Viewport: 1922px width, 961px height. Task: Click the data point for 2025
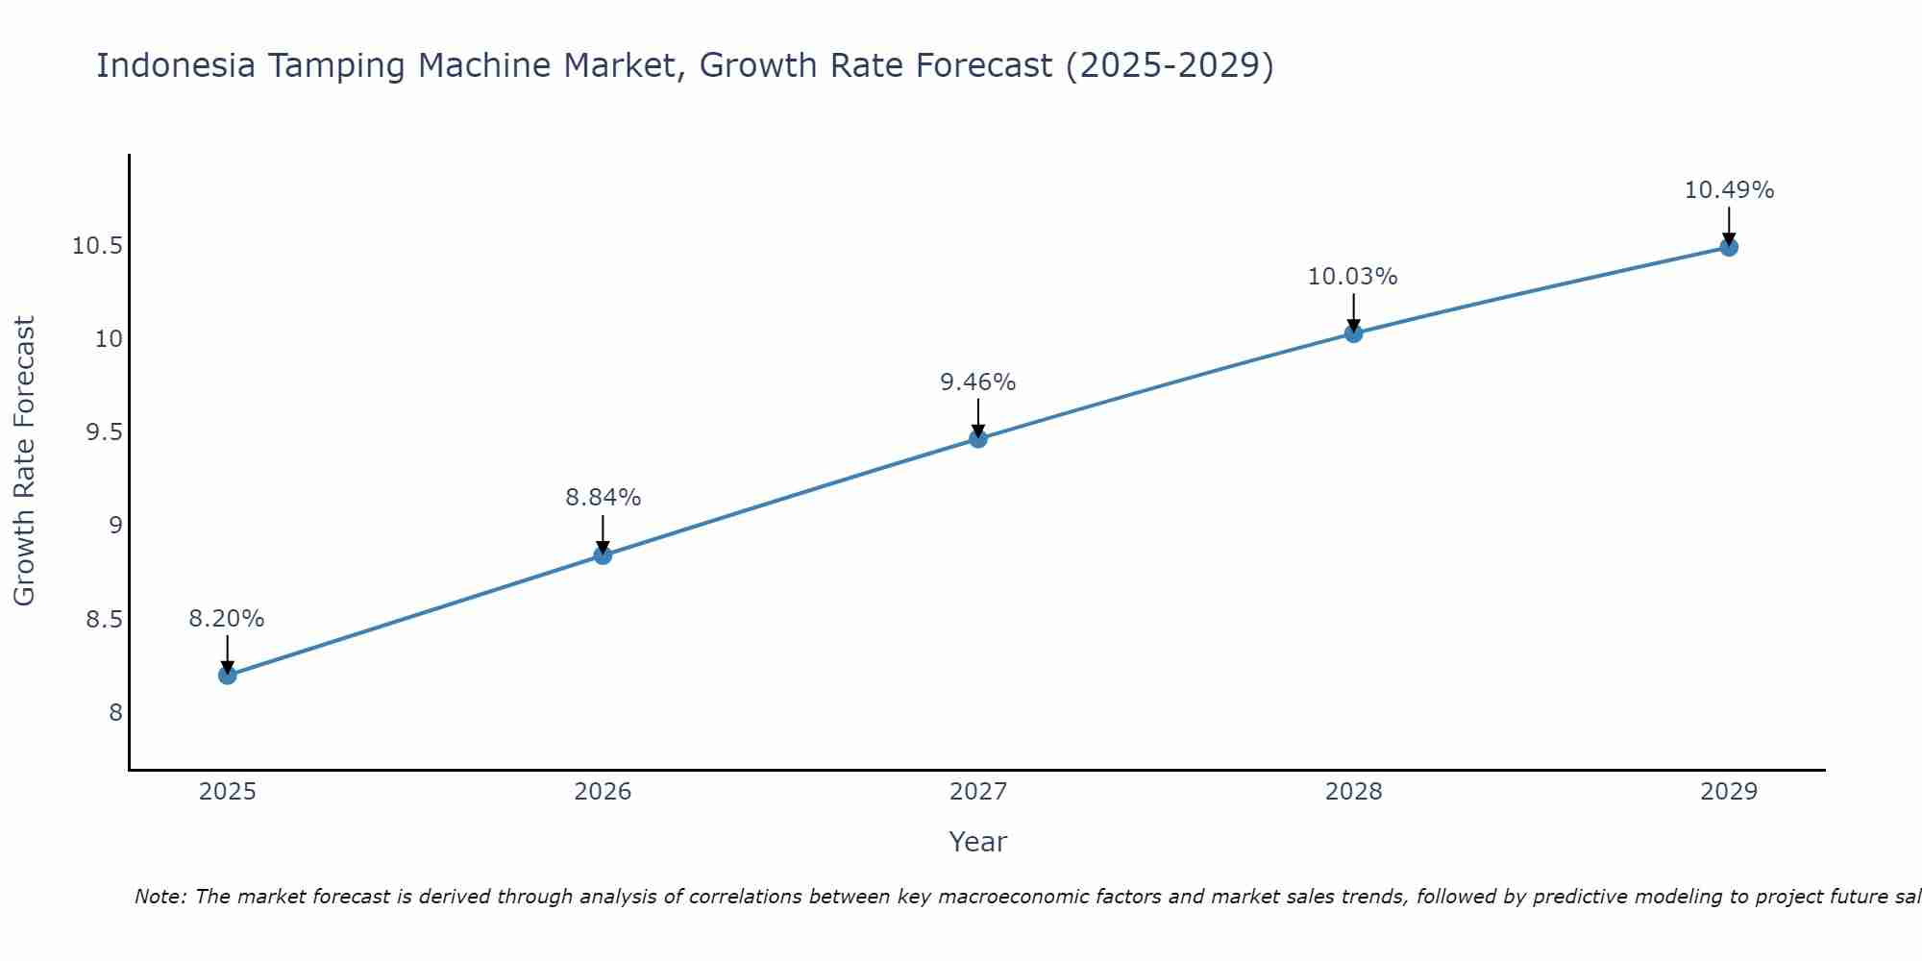click(x=227, y=675)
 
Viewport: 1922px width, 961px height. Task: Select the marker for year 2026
click(x=603, y=554)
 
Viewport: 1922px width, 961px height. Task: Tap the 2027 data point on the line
click(x=977, y=438)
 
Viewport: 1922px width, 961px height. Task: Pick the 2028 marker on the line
click(x=1353, y=333)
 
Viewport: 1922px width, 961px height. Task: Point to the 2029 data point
click(x=1728, y=247)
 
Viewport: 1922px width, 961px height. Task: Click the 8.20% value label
click(x=226, y=619)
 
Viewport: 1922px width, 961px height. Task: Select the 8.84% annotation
click(x=603, y=498)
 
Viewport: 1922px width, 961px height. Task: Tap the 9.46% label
click(x=977, y=382)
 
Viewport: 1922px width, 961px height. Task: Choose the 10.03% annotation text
click(x=1352, y=277)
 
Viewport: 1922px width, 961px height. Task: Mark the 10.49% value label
click(x=1729, y=190)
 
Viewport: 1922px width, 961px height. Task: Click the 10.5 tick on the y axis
click(x=97, y=246)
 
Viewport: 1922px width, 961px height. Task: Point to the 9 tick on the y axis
click(x=115, y=526)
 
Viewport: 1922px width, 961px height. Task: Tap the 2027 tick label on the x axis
click(x=977, y=792)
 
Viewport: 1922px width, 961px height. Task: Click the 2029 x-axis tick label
click(x=1728, y=792)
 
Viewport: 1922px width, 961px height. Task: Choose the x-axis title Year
click(x=977, y=842)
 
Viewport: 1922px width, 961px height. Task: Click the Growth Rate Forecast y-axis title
click(x=24, y=461)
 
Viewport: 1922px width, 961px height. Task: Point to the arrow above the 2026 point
click(x=603, y=532)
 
